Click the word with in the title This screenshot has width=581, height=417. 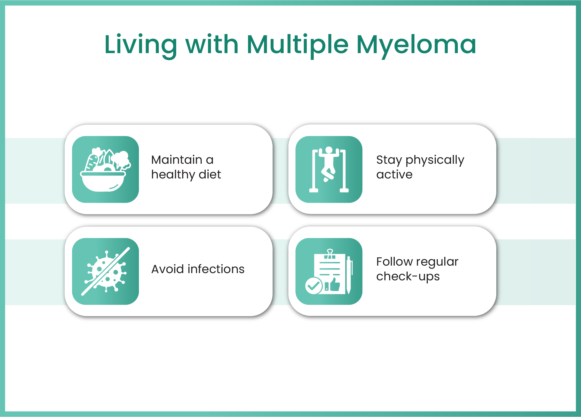(x=212, y=44)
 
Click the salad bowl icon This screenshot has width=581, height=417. (x=105, y=169)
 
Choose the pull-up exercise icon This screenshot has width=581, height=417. (x=329, y=169)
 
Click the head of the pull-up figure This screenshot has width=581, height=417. (x=329, y=150)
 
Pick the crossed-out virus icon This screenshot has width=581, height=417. (x=105, y=271)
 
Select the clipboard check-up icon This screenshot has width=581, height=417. (x=329, y=272)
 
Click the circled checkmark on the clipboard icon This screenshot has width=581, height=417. (x=314, y=286)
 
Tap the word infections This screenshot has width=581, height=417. (x=216, y=269)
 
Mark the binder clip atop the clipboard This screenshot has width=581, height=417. (x=330, y=254)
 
